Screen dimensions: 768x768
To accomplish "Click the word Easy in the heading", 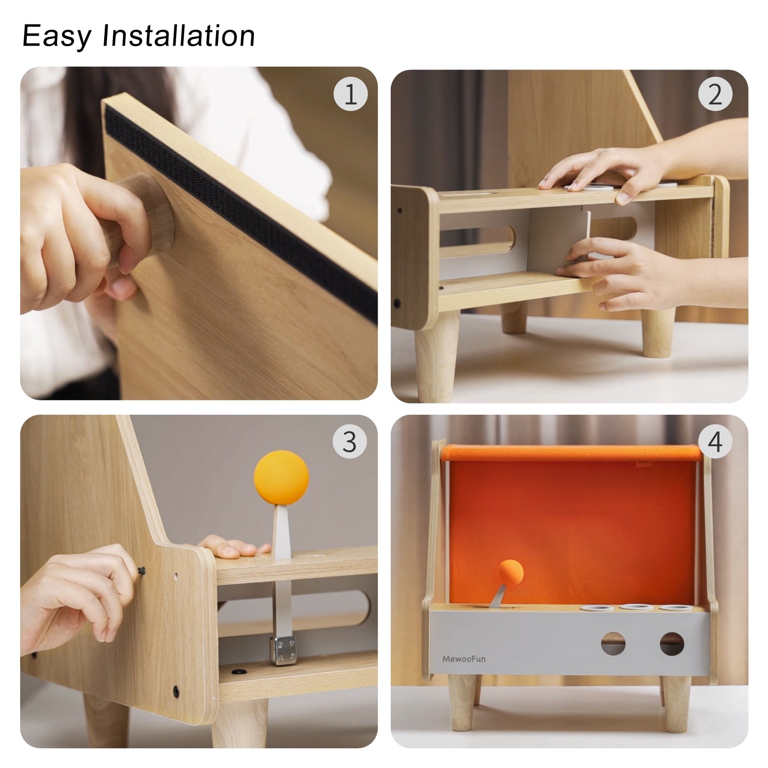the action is pyautogui.click(x=56, y=36).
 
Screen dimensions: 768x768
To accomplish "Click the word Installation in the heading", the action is pyautogui.click(x=179, y=36).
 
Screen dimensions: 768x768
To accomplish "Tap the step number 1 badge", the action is pyautogui.click(x=350, y=94).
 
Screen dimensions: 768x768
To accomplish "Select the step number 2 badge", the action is pyautogui.click(x=715, y=94).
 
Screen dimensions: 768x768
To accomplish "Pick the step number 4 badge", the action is pyautogui.click(x=715, y=441).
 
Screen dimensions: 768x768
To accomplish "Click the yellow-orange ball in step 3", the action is pyautogui.click(x=281, y=478).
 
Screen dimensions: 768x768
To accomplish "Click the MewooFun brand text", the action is pyautogui.click(x=464, y=659).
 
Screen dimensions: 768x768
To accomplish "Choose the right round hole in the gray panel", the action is pyautogui.click(x=672, y=644).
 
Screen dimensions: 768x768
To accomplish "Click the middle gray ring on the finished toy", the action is pyautogui.click(x=631, y=607).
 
